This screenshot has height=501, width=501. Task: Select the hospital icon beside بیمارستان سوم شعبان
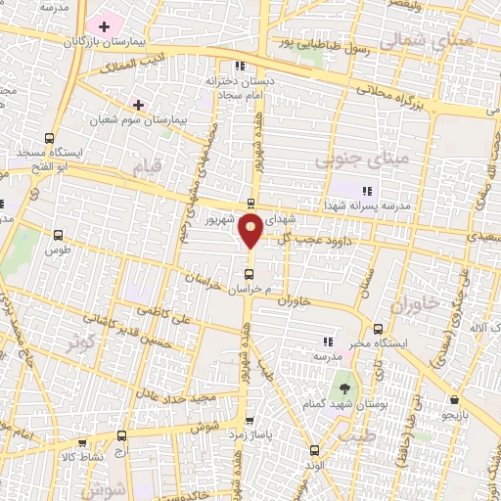pos(138,104)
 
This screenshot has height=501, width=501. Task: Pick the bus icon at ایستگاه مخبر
pos(378,328)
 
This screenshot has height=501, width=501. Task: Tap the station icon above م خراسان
pos(250,273)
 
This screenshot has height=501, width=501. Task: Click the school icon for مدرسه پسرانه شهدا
pos(366,191)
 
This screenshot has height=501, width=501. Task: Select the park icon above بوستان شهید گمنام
pos(342,379)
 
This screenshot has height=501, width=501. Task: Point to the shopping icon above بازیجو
pos(455,399)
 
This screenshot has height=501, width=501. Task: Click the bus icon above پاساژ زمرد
pos(250,419)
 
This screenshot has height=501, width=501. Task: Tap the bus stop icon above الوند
pos(314,450)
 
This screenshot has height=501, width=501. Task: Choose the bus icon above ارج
pos(121,436)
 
